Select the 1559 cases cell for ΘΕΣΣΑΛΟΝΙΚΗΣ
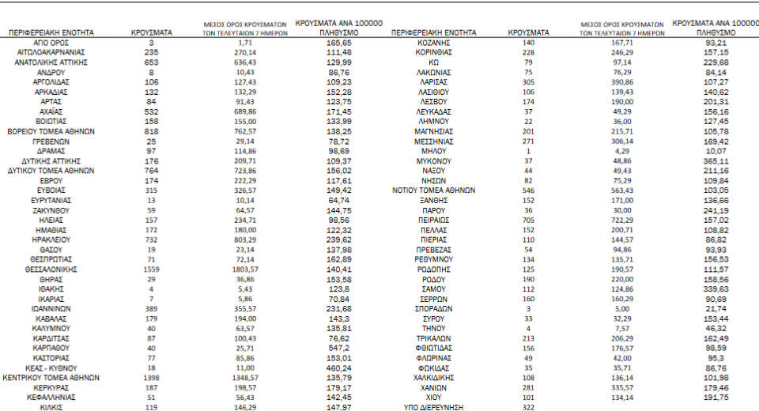(151, 269)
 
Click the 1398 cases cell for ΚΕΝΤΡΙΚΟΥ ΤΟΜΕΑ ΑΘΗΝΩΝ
(151, 378)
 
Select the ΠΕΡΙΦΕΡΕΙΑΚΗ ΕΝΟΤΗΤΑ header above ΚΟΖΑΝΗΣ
(434, 33)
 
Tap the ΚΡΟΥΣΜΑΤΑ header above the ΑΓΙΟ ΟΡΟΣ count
(151, 33)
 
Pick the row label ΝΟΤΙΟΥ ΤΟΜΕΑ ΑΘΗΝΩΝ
(434, 190)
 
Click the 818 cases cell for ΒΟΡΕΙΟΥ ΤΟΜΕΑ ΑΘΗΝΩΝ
(151, 130)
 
